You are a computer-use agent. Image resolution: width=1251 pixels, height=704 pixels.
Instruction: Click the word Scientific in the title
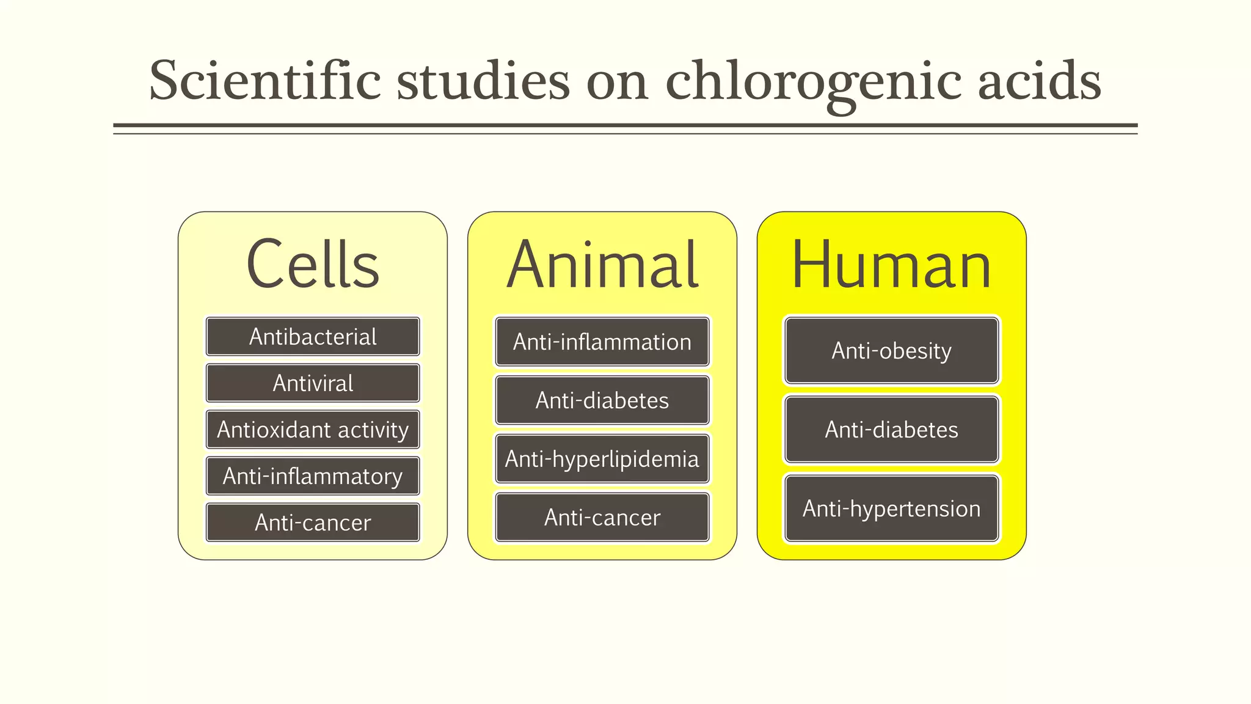coord(265,81)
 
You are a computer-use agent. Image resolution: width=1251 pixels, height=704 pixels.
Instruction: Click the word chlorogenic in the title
coord(813,82)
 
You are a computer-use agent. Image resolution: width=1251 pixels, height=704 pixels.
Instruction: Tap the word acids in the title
coord(1039,81)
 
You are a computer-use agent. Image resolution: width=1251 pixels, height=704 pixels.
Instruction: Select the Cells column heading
coord(313,264)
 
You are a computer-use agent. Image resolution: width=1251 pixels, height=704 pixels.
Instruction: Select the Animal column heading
coord(602,265)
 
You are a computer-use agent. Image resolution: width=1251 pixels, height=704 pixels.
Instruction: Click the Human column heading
coord(891,265)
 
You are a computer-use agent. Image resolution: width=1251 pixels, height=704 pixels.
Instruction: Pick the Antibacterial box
coord(313,337)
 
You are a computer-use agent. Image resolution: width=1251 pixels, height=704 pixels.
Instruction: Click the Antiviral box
coord(313,383)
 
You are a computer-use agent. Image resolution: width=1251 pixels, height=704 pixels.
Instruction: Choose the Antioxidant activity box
coord(313,430)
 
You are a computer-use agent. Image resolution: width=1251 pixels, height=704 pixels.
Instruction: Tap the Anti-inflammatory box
coord(313,476)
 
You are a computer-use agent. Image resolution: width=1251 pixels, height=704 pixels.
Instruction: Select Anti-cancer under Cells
coord(313,522)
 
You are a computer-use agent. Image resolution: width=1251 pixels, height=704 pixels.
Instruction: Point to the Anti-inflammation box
coord(602,342)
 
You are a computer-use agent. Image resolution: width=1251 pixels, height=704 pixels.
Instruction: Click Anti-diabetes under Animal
coord(602,400)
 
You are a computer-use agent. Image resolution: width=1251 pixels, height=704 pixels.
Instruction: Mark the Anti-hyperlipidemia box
coord(602,459)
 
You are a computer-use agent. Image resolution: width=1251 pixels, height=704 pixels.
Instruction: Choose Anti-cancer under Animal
coord(602,518)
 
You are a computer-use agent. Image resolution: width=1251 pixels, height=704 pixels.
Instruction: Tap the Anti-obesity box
coord(891,351)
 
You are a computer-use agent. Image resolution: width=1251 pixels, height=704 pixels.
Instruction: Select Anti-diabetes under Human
coord(891,430)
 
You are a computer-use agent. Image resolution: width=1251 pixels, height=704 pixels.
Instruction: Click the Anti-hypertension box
coord(891,508)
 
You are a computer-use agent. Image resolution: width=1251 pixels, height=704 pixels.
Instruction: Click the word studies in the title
coord(483,81)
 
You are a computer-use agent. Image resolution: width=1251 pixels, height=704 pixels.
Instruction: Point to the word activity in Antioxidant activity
coord(373,430)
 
